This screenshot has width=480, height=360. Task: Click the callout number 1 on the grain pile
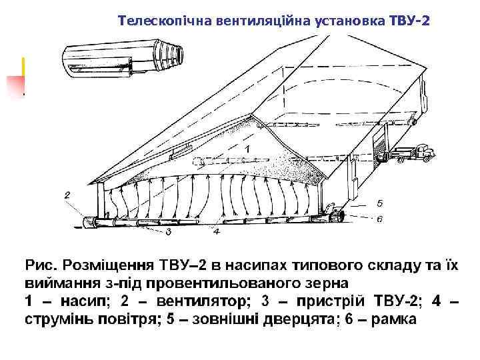(247, 147)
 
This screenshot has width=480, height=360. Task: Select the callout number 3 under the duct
(168, 232)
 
